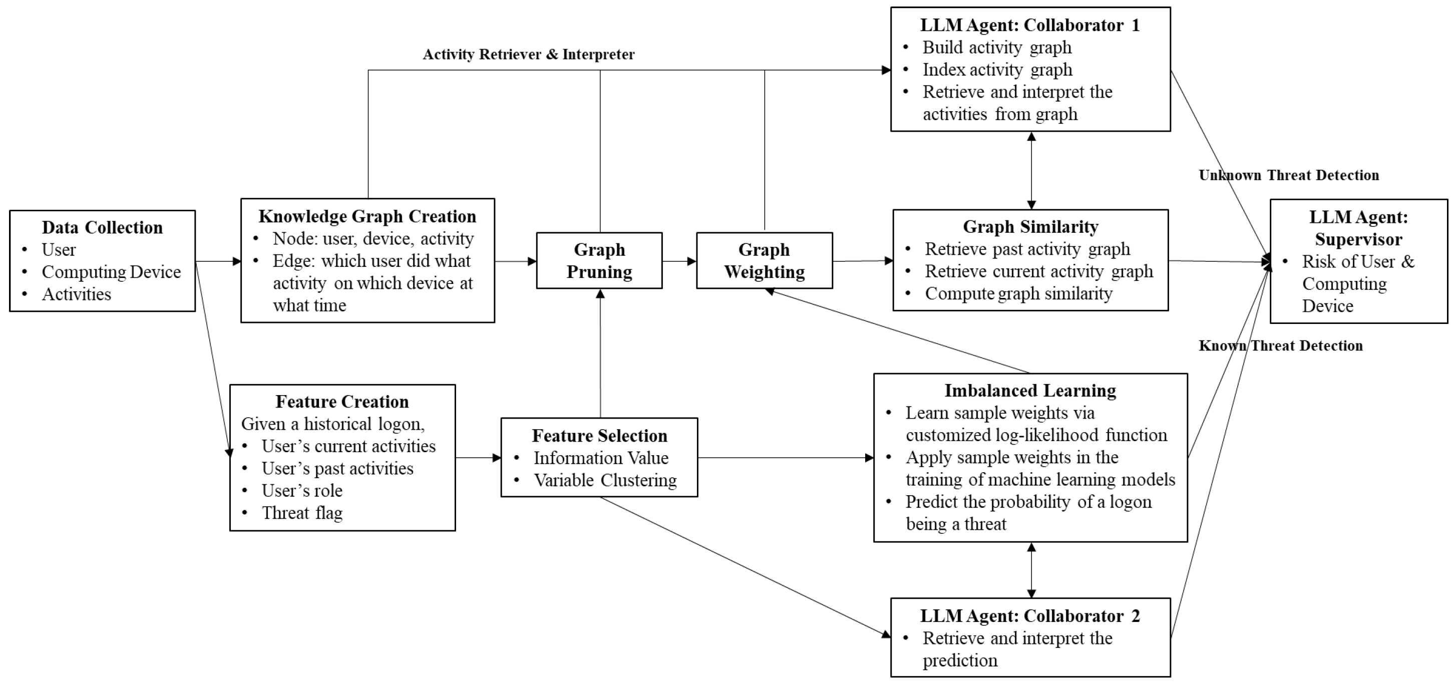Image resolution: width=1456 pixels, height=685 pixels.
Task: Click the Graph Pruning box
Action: click(599, 260)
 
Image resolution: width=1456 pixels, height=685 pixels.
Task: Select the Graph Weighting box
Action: click(764, 260)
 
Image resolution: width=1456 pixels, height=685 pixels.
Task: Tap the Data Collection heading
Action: click(102, 227)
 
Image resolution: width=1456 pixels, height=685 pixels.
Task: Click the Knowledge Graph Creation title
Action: click(368, 216)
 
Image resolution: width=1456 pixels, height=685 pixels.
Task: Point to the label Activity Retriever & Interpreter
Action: click(529, 54)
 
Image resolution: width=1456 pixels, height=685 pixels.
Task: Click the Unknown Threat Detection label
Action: click(1289, 175)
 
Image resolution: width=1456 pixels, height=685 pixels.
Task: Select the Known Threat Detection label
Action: click(1281, 346)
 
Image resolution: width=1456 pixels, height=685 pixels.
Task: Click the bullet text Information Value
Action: click(601, 458)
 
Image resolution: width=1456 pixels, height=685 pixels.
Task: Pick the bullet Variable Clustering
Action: click(605, 480)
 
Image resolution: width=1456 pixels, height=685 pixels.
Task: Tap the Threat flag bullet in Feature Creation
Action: click(302, 513)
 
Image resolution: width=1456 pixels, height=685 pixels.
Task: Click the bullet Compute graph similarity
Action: click(1018, 294)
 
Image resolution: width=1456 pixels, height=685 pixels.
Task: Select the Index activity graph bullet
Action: click(997, 70)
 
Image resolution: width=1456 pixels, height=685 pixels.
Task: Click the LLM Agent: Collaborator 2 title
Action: click(1030, 615)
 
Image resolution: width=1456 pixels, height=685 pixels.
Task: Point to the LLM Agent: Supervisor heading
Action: click(1358, 228)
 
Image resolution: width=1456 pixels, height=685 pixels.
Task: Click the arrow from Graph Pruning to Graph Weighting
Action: click(679, 261)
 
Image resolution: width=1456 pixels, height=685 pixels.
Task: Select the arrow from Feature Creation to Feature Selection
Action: click(478, 458)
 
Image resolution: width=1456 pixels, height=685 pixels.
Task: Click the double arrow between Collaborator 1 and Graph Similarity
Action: click(1031, 171)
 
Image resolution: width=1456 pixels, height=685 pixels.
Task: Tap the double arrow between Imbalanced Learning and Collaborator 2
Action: click(1031, 570)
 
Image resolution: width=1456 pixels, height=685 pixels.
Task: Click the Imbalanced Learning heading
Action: click(1030, 391)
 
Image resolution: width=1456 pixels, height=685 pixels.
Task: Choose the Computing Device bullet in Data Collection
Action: click(111, 272)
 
